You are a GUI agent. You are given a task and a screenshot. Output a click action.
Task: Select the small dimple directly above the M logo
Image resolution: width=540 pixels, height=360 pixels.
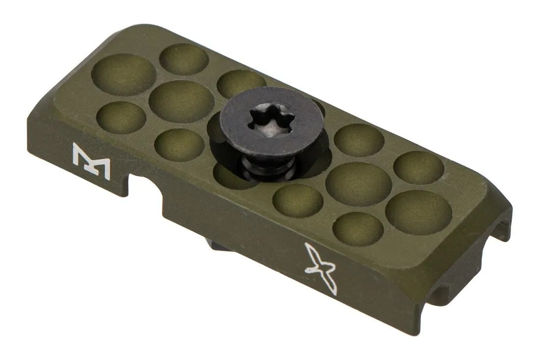tap(121, 118)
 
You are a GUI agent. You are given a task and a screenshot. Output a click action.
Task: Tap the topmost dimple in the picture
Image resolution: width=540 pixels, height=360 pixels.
tap(184, 59)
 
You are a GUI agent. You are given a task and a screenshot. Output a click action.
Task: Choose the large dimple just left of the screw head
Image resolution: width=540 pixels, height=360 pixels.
tap(181, 102)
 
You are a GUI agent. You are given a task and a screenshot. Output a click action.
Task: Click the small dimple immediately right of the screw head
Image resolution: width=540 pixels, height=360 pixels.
tap(359, 140)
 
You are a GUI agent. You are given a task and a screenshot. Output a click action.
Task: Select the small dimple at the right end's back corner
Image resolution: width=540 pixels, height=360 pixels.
tap(419, 167)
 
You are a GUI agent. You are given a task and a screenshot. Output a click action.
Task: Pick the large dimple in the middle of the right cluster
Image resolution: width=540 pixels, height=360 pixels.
tap(358, 183)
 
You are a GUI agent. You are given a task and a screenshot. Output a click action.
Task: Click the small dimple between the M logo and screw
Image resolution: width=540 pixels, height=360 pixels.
tap(179, 145)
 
